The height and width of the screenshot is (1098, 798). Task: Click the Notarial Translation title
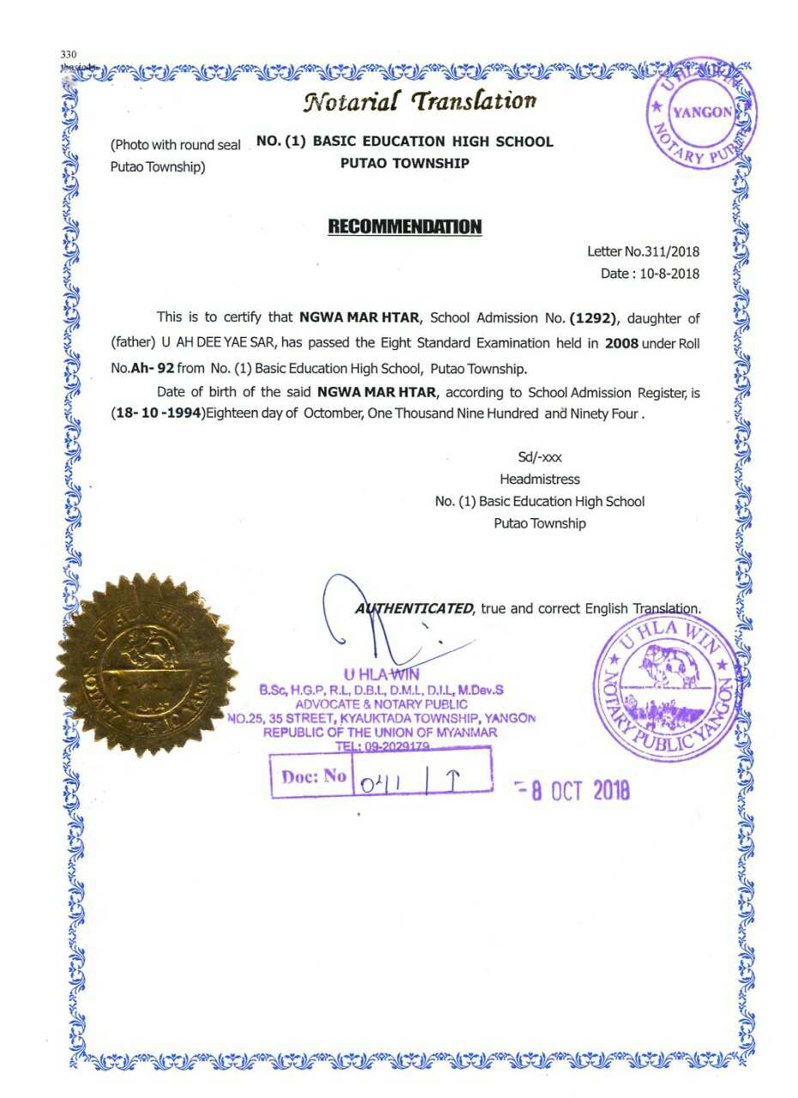419,101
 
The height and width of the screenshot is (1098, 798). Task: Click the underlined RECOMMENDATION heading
405,227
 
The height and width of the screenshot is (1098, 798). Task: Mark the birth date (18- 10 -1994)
155,413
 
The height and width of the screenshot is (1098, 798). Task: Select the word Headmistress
539,480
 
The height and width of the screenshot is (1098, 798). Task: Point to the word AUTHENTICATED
414,608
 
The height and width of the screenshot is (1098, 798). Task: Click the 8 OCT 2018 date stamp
575,789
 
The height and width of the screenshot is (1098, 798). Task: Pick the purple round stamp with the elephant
668,687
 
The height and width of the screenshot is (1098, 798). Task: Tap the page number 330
69,55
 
